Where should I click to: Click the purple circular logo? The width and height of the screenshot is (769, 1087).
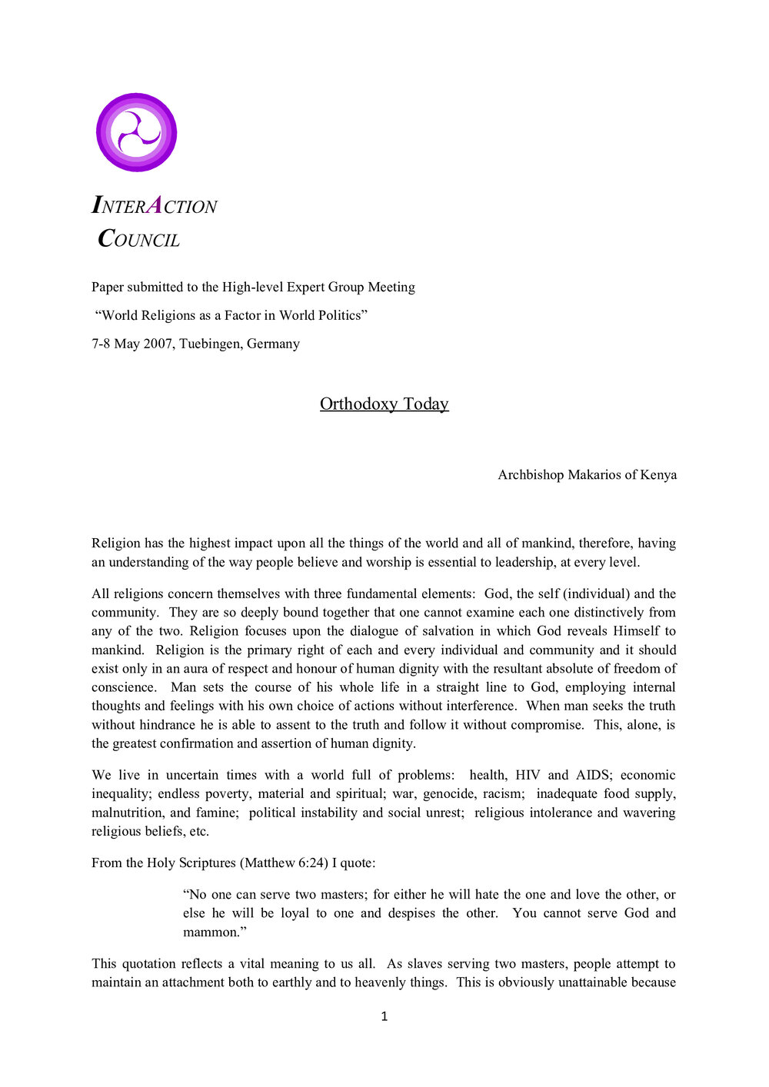(137, 132)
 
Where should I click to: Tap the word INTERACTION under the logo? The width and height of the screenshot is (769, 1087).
(155, 206)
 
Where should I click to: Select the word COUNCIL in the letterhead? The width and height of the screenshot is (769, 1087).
(139, 240)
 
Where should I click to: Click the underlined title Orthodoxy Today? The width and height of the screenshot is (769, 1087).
(384, 404)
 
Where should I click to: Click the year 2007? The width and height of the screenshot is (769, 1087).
(158, 344)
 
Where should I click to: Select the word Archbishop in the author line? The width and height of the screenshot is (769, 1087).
(531, 475)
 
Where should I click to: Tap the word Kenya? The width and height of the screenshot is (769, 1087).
(658, 475)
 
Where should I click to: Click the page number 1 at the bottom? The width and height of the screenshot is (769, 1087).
(384, 1016)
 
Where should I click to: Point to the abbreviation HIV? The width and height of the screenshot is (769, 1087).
(528, 775)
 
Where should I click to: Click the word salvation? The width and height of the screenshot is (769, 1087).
(447, 631)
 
